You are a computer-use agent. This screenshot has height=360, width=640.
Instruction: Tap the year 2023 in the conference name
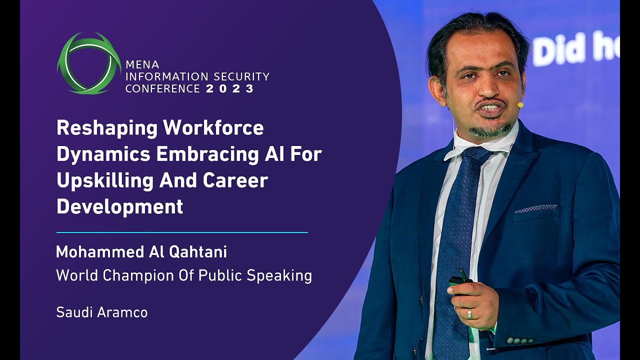tap(230, 89)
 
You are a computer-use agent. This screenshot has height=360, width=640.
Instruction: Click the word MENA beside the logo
tap(142, 65)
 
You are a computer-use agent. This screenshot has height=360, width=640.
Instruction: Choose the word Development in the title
tap(119, 206)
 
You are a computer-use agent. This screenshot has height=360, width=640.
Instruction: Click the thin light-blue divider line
tap(182, 232)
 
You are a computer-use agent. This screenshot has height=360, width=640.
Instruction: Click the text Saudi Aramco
tap(101, 312)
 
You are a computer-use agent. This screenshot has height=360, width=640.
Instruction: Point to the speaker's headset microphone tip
tap(520, 105)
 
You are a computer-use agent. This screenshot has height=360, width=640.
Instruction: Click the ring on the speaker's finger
tap(469, 313)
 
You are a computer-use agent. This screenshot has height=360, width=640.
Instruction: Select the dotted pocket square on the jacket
tap(536, 208)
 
